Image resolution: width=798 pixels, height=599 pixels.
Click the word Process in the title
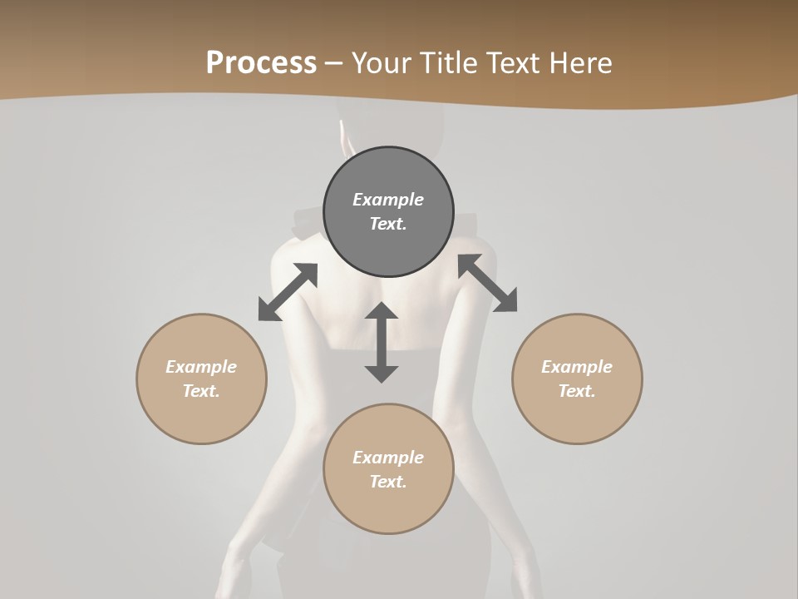pos(261,63)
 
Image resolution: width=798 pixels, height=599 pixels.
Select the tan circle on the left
pos(201,416)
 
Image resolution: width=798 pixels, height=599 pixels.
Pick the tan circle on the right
pos(577,416)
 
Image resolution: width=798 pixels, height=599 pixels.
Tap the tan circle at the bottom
pos(388,507)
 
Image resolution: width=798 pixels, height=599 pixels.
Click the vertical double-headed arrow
pos(382,342)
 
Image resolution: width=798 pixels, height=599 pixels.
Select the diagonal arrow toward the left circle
pos(288,292)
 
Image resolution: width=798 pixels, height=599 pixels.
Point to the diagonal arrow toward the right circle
pos(487,284)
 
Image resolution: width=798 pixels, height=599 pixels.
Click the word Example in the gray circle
pos(388,200)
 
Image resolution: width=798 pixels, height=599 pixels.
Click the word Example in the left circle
pos(201,367)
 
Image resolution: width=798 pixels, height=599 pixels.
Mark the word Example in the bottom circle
pos(388,458)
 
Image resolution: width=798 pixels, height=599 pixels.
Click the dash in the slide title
pos(334,63)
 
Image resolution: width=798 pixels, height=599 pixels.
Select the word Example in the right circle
pos(577,367)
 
